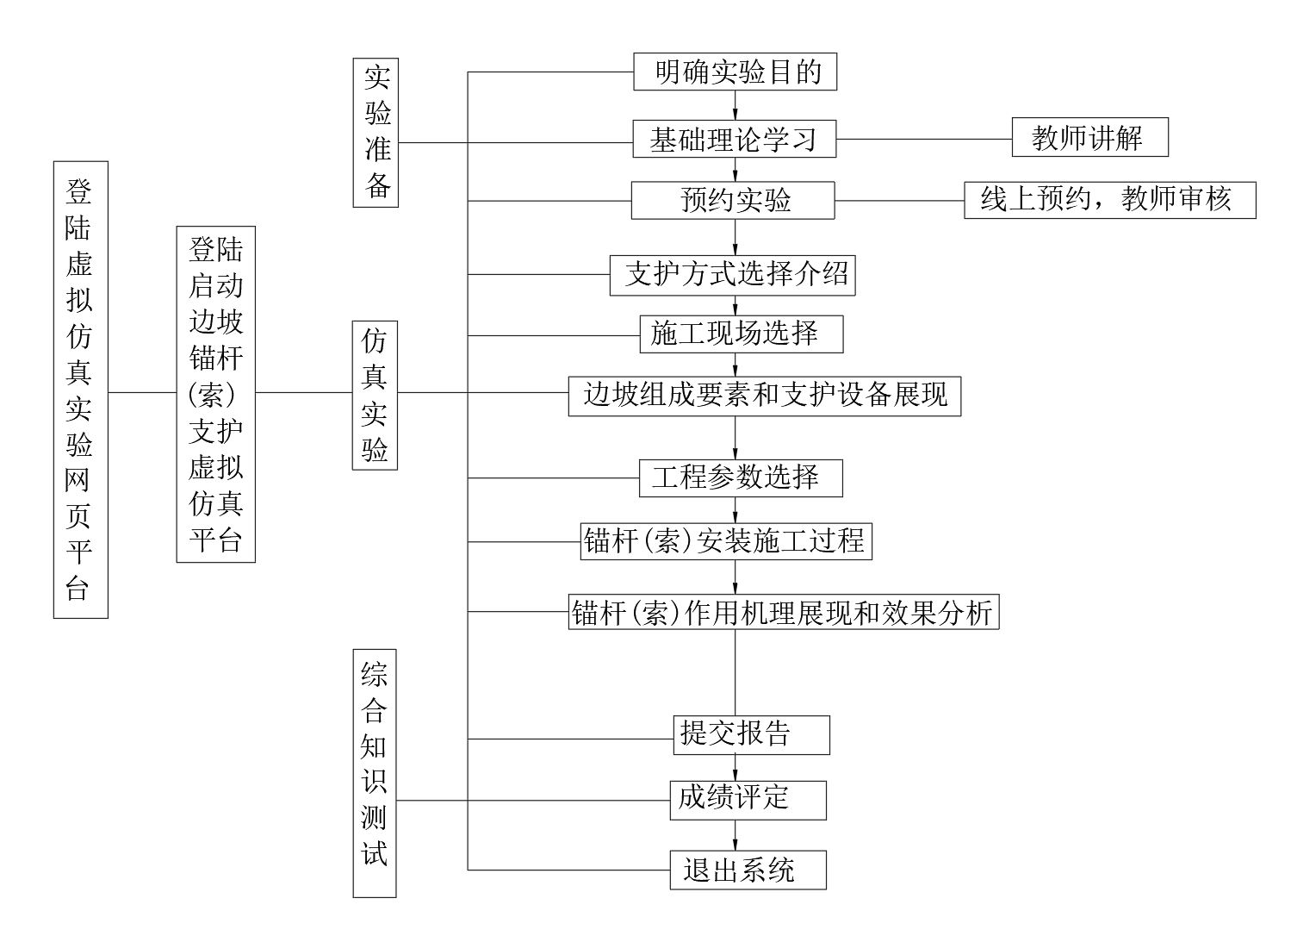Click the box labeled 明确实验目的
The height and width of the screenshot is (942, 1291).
[735, 72]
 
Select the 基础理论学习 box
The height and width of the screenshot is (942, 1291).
[735, 139]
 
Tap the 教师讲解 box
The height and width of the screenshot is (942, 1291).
[1089, 137]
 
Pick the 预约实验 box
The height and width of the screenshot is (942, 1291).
[733, 201]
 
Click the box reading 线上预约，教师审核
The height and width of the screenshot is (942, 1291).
[1110, 200]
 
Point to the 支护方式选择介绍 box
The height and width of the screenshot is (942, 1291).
[733, 275]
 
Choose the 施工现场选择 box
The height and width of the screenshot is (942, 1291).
[742, 334]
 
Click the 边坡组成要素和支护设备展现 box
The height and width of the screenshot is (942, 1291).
[765, 396]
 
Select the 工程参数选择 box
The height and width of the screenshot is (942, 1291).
[741, 478]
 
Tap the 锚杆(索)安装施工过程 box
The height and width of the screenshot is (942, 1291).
[726, 541]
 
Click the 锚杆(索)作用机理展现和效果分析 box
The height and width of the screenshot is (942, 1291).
[784, 612]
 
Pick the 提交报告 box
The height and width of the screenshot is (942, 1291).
[752, 735]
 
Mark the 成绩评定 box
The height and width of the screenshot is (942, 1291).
[748, 801]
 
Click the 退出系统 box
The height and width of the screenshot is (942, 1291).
[748, 870]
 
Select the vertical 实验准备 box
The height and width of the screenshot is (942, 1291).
[376, 133]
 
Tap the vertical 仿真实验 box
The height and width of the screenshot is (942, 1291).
[376, 396]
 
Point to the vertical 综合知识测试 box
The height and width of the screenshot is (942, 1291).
[375, 774]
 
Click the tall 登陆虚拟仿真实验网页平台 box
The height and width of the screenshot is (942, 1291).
[81, 390]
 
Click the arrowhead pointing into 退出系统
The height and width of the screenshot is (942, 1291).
[735, 845]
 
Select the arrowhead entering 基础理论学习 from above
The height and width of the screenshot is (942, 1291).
[735, 114]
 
